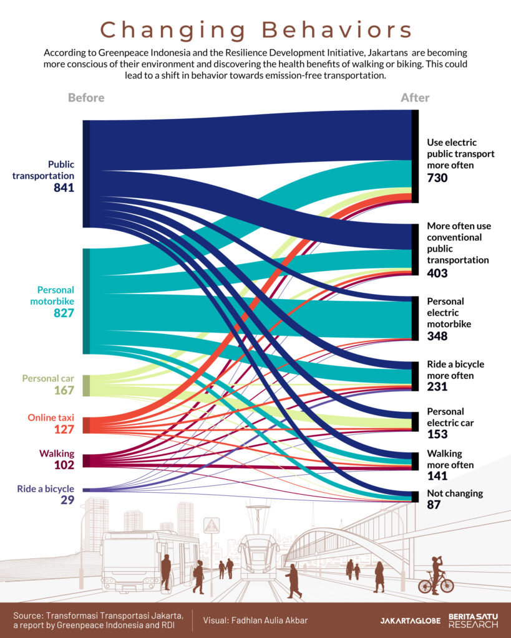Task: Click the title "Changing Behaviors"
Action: (x=256, y=30)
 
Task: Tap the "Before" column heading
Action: (x=86, y=98)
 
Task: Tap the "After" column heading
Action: (x=415, y=98)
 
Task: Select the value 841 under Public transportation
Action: (x=64, y=188)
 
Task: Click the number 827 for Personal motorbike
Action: (x=64, y=313)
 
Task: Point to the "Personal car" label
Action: (x=48, y=378)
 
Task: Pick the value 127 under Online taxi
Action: (x=64, y=429)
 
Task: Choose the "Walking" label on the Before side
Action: (x=57, y=454)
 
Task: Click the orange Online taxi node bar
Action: (x=86, y=425)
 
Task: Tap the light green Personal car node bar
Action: (x=86, y=385)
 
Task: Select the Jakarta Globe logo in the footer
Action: (x=410, y=621)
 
